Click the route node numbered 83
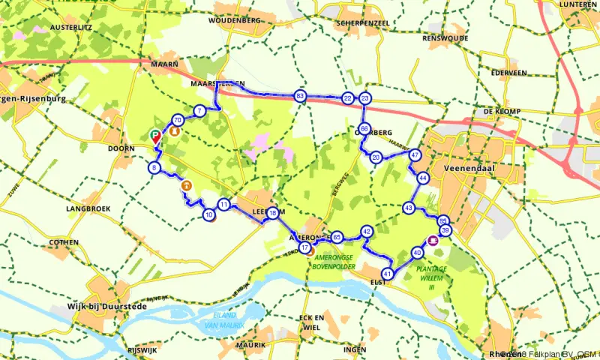click(x=300, y=97)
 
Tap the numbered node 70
click(x=178, y=120)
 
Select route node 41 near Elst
click(x=388, y=273)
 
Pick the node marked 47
click(x=415, y=155)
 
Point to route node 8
click(x=154, y=168)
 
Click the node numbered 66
click(x=364, y=129)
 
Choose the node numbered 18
click(x=272, y=213)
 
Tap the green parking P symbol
click(x=155, y=135)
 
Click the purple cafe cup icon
click(x=432, y=241)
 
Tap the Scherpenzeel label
click(x=346, y=22)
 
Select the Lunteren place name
click(x=579, y=5)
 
